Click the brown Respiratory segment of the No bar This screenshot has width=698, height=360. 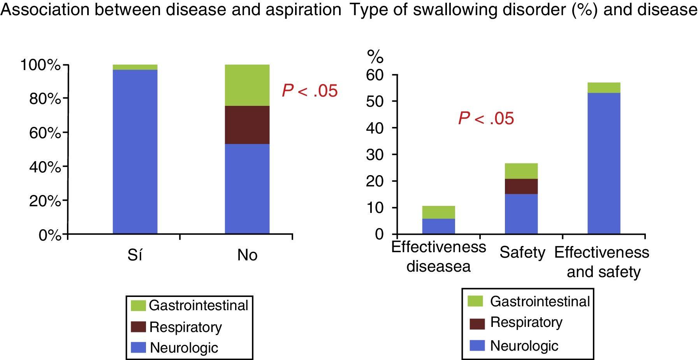tap(247, 125)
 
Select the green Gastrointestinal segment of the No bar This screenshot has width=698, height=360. tap(247, 85)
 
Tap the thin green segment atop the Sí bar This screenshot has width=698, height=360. tap(135, 67)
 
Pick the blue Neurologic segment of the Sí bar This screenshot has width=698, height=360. tap(135, 152)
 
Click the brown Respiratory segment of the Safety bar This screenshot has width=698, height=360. tap(521, 186)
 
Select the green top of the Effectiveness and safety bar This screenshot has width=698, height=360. tap(603, 88)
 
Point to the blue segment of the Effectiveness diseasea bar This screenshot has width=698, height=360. tap(438, 226)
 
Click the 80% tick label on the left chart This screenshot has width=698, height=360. tap(45, 99)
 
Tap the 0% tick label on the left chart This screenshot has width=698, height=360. tap(50, 235)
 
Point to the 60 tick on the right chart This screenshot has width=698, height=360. tap(375, 75)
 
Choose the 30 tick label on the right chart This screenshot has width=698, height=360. tap(375, 155)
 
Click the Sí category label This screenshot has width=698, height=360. tap(135, 255)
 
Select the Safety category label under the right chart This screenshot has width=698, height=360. tap(522, 253)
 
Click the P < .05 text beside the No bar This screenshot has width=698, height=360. tap(310, 91)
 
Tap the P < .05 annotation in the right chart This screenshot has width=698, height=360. tap(486, 118)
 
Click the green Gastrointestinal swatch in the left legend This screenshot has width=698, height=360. tap(138, 306)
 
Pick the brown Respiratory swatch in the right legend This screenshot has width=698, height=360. tap(477, 323)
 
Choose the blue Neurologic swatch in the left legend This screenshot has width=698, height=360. tap(138, 348)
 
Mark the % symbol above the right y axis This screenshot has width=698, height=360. tap(376, 57)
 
